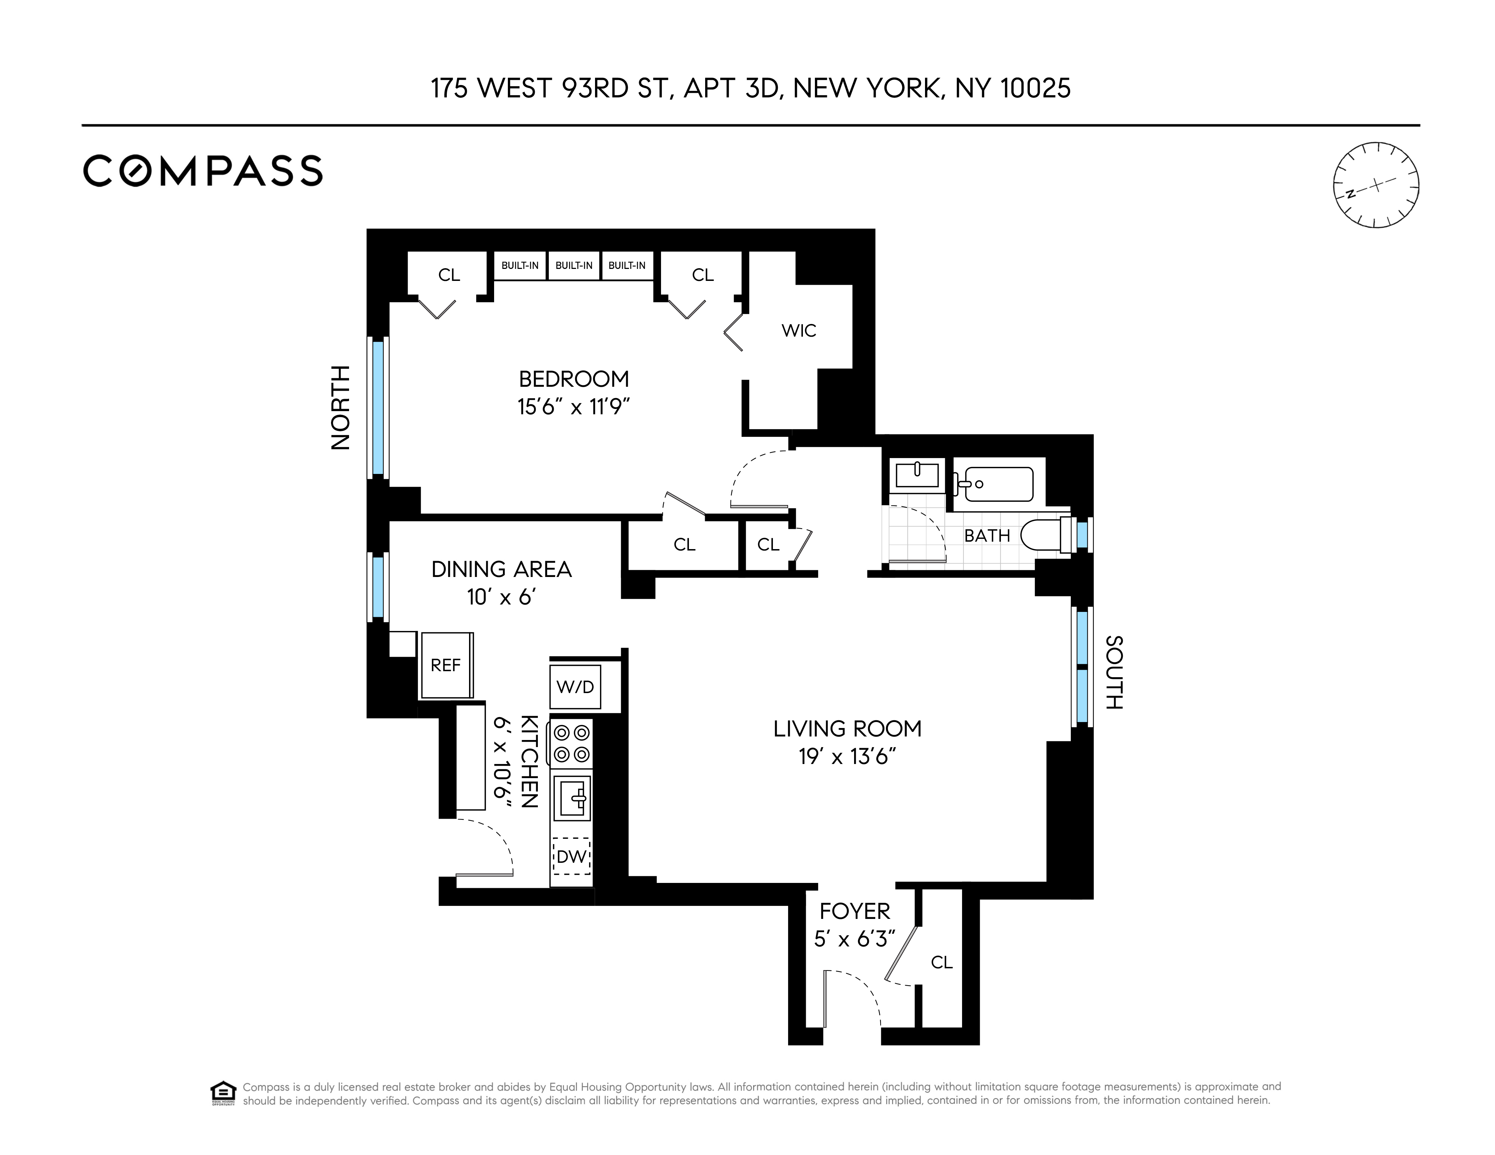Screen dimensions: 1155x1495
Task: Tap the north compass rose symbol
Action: pyautogui.click(x=1376, y=185)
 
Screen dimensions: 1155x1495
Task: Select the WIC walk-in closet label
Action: pyautogui.click(x=799, y=331)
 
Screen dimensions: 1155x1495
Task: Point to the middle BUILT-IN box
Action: pyautogui.click(x=574, y=266)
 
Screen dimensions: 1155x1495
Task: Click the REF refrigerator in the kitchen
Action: pyautogui.click(x=446, y=665)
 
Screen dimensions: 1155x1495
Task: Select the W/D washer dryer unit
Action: pyautogui.click(x=575, y=687)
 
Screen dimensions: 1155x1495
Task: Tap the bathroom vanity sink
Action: pyautogui.click(x=917, y=474)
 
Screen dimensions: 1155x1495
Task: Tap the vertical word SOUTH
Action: pyautogui.click(x=1114, y=672)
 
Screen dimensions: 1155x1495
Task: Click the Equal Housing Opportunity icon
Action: pyautogui.click(x=223, y=1093)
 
